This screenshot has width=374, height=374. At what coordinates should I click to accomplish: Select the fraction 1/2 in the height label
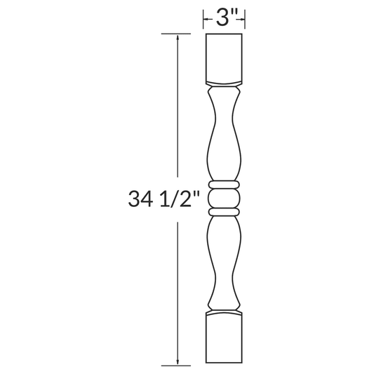coord(185,200)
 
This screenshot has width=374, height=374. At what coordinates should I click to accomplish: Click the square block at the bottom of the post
coord(225,340)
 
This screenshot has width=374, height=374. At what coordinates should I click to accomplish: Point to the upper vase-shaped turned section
coord(225,137)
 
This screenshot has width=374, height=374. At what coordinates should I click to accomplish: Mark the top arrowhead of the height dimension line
coord(178,37)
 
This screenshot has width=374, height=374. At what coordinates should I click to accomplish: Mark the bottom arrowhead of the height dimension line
coord(178,361)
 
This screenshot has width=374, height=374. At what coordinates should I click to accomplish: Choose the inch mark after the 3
coord(233,14)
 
